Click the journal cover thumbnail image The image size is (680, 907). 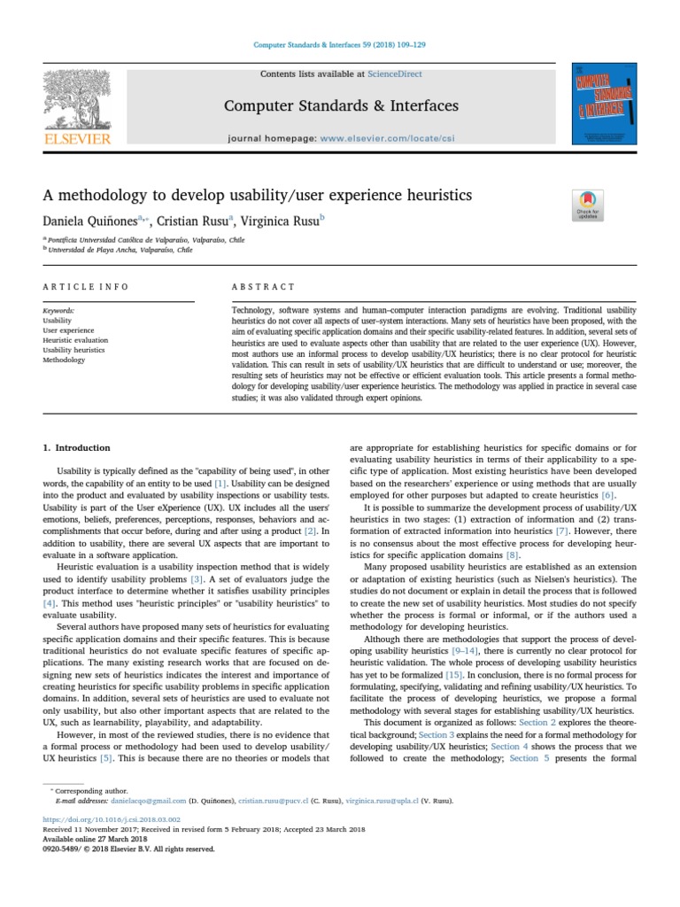[x=605, y=104]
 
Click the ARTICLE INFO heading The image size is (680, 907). [x=85, y=287]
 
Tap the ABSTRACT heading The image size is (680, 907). [x=263, y=287]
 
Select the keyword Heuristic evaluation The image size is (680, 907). [x=75, y=340]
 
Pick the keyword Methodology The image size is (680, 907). [x=63, y=360]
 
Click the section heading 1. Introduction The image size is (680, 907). [x=77, y=448]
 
